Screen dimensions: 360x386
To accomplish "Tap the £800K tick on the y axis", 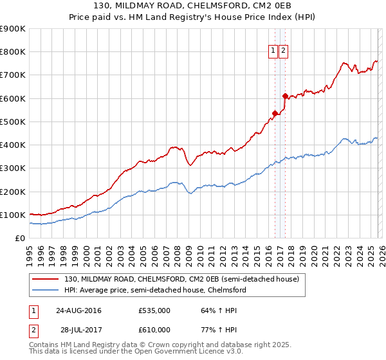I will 13,52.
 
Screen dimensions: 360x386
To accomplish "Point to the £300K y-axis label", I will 13,168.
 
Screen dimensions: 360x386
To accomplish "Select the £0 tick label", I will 19,239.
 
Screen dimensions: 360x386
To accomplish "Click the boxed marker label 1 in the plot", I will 273,52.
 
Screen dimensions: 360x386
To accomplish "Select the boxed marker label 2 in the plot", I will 283,52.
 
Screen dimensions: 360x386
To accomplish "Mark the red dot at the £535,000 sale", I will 275,113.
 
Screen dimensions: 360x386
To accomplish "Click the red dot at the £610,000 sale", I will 285,96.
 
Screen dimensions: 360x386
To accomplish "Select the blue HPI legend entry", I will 154,291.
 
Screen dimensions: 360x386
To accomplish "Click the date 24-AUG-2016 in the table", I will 78,310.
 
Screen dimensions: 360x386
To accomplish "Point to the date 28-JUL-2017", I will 78,329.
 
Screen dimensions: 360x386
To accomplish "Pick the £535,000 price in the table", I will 154,310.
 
